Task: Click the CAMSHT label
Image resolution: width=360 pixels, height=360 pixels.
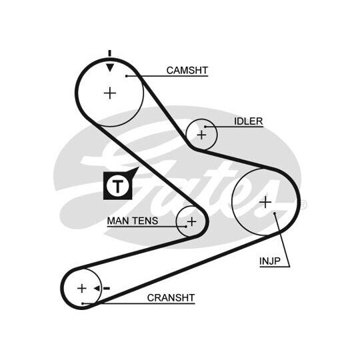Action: (x=187, y=70)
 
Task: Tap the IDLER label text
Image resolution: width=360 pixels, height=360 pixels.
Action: (x=248, y=121)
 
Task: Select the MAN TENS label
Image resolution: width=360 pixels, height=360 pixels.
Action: (x=133, y=221)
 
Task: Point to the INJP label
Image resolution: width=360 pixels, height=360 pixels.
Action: (x=270, y=261)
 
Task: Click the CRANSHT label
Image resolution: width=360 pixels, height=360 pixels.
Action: (x=171, y=298)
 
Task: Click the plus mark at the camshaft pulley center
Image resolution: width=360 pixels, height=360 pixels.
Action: (x=110, y=93)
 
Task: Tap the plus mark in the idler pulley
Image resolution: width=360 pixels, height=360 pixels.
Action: (x=201, y=135)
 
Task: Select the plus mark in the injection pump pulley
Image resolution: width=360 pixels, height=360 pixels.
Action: (x=265, y=202)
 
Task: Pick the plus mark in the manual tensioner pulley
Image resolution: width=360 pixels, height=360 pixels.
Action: (x=191, y=221)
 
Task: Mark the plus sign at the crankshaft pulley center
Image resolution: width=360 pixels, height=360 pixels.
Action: (x=82, y=289)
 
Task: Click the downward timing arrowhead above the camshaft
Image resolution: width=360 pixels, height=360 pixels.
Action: (x=110, y=67)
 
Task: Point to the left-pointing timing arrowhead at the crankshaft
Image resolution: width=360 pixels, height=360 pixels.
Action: (x=97, y=289)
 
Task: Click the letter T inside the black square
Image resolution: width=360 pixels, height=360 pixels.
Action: (x=118, y=185)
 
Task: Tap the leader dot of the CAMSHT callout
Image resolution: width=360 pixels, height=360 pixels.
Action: (x=126, y=76)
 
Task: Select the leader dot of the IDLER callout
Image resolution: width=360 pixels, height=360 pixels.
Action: (x=205, y=127)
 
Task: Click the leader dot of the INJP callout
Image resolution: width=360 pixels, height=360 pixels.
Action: (x=275, y=213)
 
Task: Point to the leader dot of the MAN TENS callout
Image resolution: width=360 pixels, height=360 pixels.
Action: (x=186, y=227)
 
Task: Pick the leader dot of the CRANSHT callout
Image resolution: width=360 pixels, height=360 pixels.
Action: (x=83, y=303)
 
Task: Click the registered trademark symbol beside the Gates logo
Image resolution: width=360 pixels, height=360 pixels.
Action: (x=303, y=205)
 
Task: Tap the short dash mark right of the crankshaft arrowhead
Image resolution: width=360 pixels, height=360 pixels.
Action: (x=107, y=289)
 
